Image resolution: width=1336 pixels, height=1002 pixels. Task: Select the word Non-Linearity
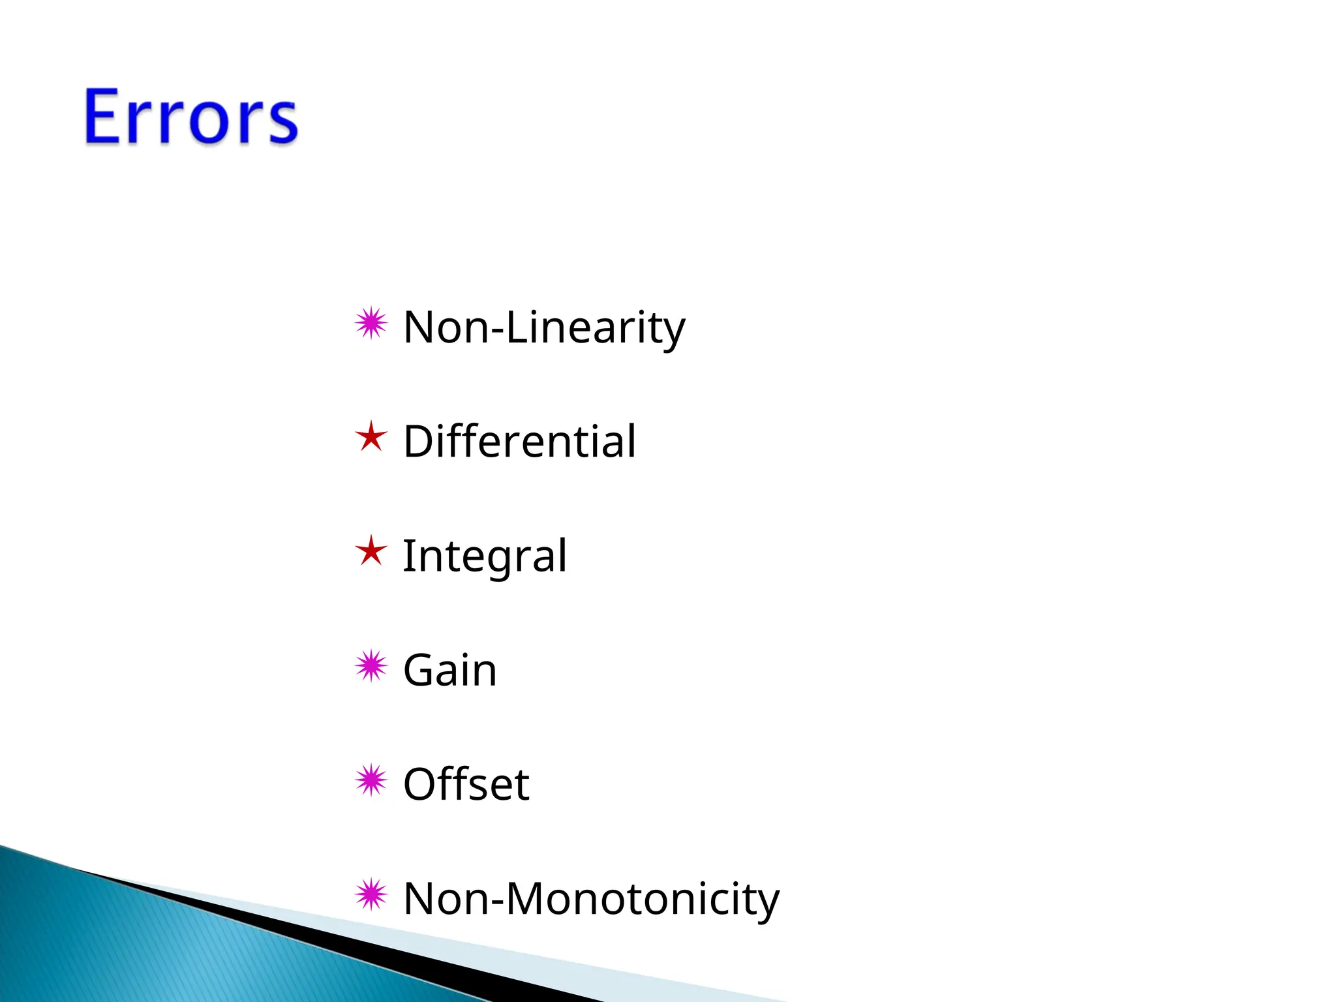544,327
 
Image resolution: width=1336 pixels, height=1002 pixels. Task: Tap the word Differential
519,442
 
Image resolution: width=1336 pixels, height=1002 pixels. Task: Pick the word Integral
484,556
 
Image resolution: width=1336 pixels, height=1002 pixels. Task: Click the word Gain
450,670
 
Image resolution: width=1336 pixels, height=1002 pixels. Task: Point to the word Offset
466,784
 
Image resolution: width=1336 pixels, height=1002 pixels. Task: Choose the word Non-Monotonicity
591,899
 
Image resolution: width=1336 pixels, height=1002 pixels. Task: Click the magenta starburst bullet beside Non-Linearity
371,323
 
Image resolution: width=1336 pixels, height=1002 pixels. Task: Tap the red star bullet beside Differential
371,436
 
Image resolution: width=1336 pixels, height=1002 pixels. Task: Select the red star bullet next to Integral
371,551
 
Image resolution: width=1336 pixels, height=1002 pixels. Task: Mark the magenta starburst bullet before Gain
371,666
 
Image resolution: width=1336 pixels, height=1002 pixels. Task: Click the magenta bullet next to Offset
371,780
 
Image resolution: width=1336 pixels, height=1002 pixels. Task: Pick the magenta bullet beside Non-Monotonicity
371,894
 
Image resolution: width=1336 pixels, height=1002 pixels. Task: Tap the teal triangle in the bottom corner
130,946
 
